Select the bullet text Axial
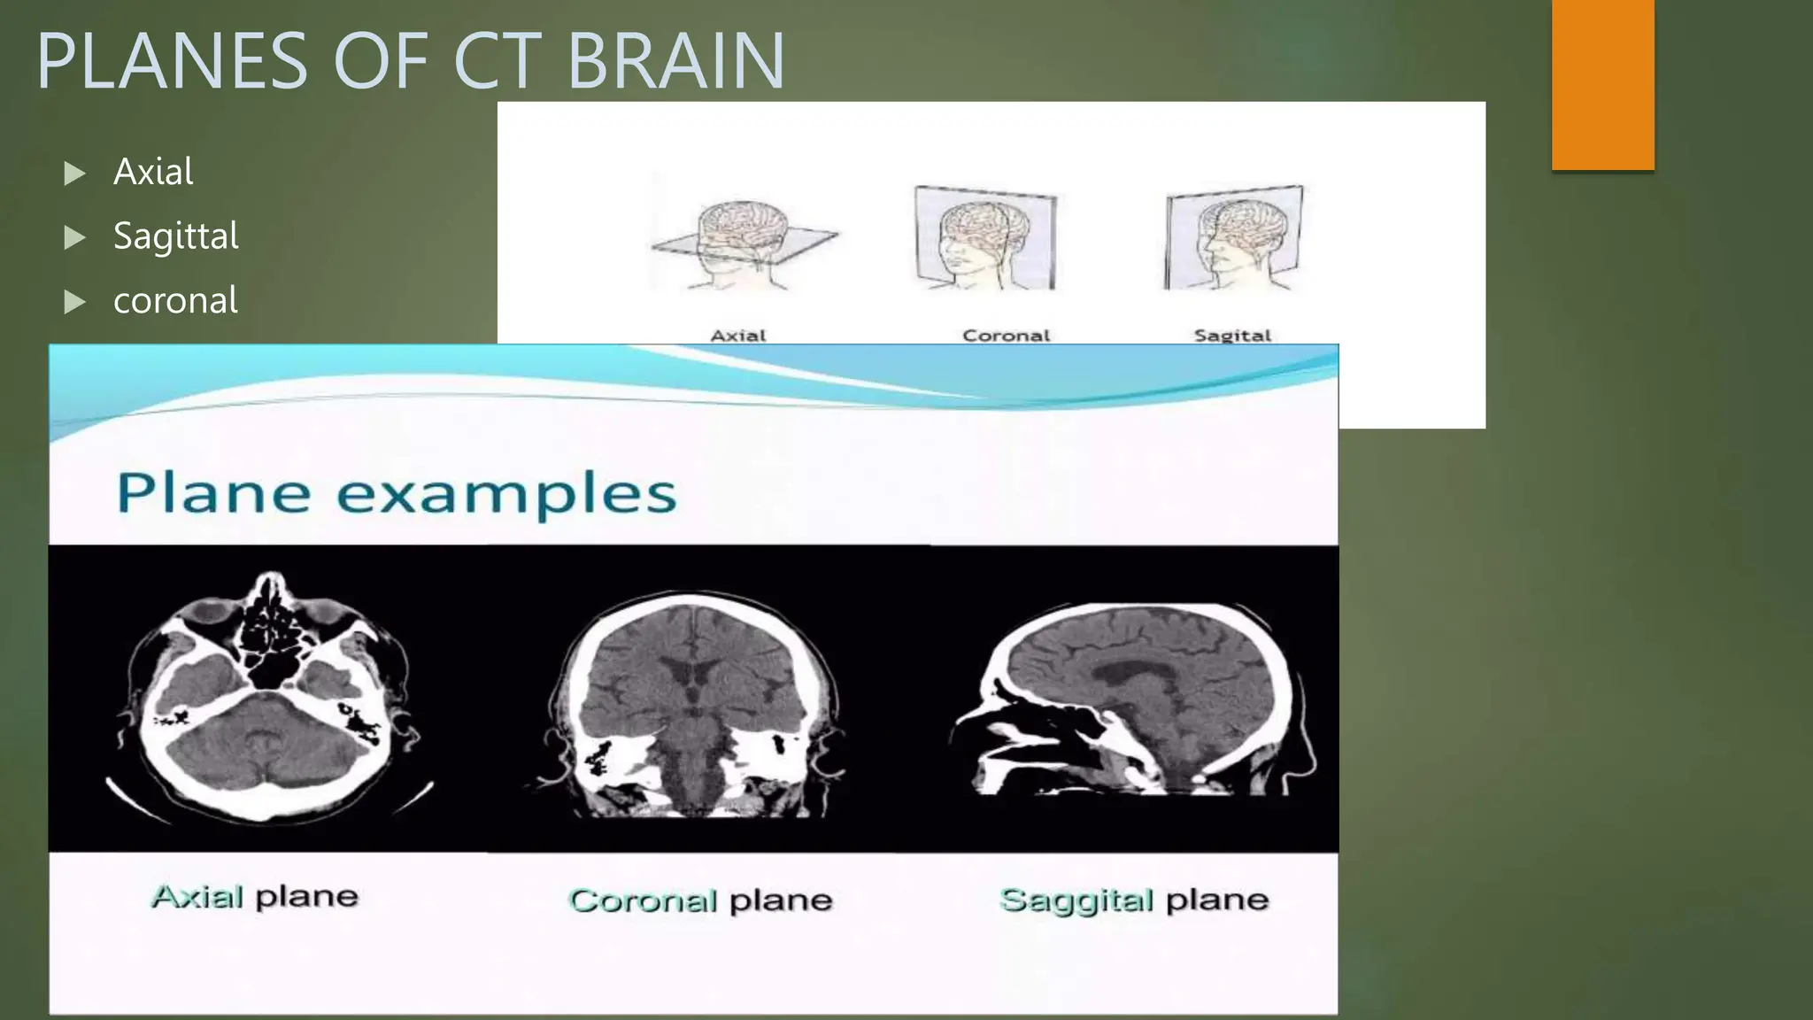[153, 172]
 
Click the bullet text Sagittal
[176, 236]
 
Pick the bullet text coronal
[175, 301]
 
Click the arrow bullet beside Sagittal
[75, 237]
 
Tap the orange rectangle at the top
[1602, 84]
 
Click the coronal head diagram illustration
[984, 237]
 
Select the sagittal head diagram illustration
[1234, 237]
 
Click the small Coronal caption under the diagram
[1006, 336]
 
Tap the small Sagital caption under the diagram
[1232, 336]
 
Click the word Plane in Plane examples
[213, 492]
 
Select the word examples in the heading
[506, 494]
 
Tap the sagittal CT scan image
[1133, 699]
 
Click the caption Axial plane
[255, 897]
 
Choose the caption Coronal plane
[700, 900]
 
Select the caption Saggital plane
[1134, 900]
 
